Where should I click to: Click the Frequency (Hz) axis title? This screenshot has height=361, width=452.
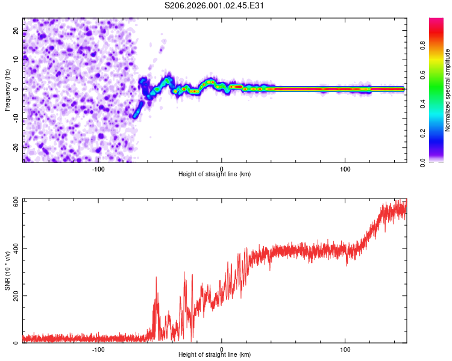point(8,90)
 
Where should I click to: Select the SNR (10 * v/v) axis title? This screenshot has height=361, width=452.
point(8,270)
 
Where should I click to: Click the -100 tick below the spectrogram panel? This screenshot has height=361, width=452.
point(98,168)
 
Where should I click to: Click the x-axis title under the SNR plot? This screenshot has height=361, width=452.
point(215,355)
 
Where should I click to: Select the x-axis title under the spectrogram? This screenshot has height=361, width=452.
point(215,174)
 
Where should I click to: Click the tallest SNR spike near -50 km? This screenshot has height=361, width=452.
point(156,278)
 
